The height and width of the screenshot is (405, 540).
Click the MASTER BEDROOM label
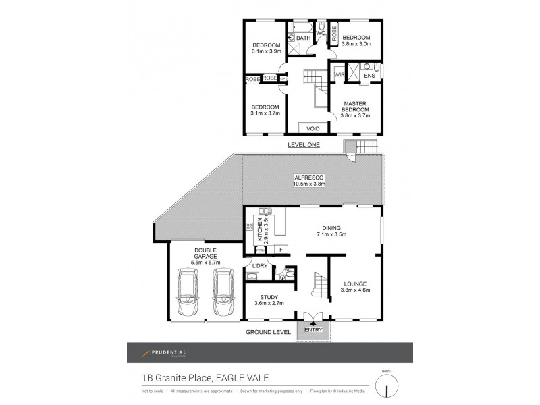(x=355, y=107)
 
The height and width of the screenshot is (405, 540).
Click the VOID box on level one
(x=313, y=128)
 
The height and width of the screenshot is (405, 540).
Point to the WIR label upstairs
(x=340, y=74)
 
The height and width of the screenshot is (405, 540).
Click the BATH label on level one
(x=303, y=38)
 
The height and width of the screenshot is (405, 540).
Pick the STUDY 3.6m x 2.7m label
(x=268, y=300)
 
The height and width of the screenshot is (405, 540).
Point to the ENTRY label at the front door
(x=314, y=331)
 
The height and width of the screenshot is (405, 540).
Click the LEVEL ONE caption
(x=302, y=145)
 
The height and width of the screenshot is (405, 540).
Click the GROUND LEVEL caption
(x=268, y=332)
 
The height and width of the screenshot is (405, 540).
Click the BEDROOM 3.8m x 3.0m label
(x=356, y=41)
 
